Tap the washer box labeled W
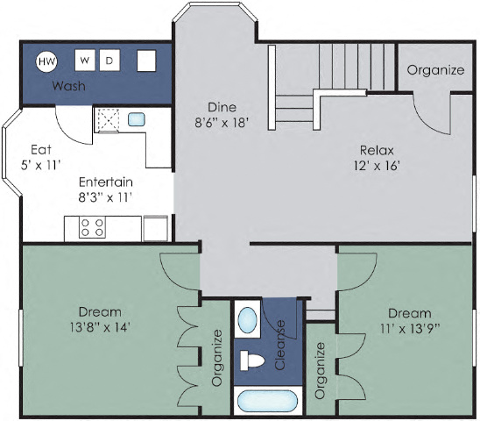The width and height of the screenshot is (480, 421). click(x=85, y=61)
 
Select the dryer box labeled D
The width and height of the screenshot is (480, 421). click(x=109, y=61)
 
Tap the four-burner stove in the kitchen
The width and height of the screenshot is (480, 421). click(x=93, y=227)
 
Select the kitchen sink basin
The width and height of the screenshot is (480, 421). click(x=137, y=119)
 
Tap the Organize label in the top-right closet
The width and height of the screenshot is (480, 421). click(x=435, y=70)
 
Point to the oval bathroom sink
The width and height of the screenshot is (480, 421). click(x=248, y=318)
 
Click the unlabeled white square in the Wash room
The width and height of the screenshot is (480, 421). click(x=146, y=61)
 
